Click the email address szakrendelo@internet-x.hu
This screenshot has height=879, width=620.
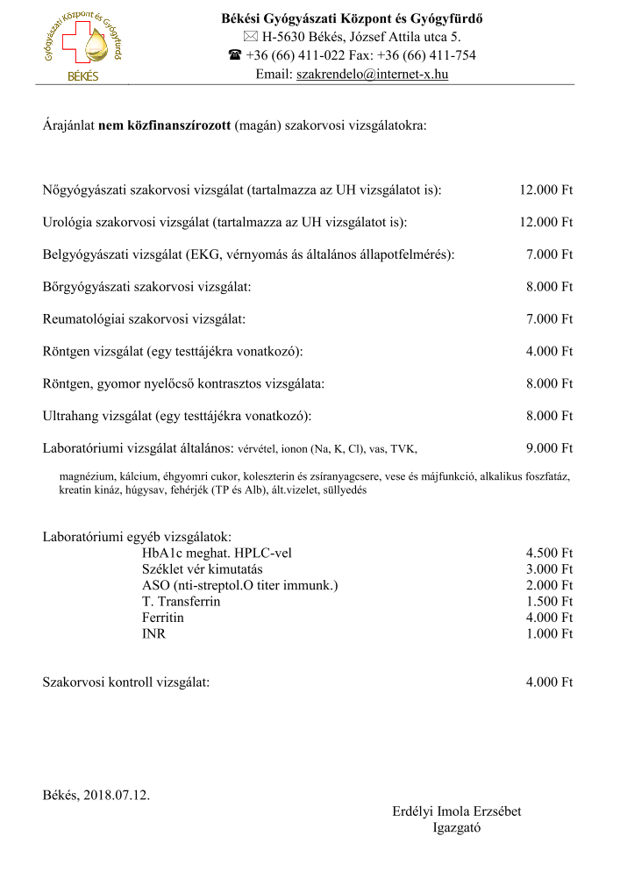pos(372,75)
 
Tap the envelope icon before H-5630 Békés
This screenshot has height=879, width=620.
pos(249,37)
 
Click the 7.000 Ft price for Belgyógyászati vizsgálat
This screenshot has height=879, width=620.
pos(549,254)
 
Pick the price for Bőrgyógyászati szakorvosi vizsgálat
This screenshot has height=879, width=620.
pos(549,287)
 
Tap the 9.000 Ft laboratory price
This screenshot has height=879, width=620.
pos(549,448)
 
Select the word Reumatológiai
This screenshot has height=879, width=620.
pos(83,319)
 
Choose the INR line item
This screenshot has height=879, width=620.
pos(153,633)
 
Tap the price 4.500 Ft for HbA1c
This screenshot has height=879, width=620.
pos(549,554)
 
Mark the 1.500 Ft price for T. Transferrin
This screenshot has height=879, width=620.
pos(549,602)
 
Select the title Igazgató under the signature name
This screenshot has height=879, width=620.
pos(457,827)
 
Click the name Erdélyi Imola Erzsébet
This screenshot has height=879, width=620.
pos(456,811)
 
